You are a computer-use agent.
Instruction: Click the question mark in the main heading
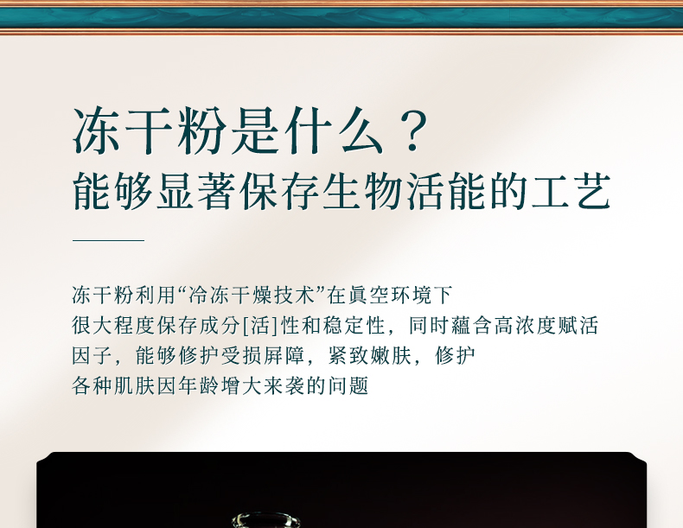412,130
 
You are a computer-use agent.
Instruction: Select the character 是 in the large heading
256,130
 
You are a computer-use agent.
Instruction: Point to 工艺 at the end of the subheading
571,192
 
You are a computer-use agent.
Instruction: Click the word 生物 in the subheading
362,192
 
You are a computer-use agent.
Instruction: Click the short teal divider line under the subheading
108,240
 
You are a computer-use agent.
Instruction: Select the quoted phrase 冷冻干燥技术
252,296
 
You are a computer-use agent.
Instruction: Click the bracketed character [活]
260,326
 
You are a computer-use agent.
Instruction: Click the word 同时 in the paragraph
430,326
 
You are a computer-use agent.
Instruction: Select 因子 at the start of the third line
93,356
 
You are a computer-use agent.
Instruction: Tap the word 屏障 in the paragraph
284,356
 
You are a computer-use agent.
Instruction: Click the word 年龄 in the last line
199,385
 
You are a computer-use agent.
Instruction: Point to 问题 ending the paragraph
348,385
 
